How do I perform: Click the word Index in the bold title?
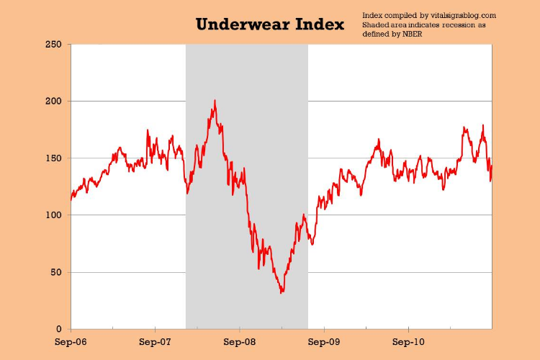[x=320, y=24]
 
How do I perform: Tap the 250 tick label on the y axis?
[x=53, y=45]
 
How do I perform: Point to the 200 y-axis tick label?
[x=53, y=102]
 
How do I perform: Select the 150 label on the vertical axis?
[x=53, y=158]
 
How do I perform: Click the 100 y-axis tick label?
[x=53, y=215]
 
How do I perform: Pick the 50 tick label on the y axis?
[x=56, y=272]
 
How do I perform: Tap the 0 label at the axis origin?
[x=59, y=329]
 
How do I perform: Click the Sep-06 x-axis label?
[x=71, y=342]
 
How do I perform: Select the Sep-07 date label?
[x=155, y=342]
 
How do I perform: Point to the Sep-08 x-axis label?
[x=239, y=342]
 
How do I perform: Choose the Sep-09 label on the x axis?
[x=324, y=342]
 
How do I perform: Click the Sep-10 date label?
[x=408, y=342]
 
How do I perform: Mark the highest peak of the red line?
[x=215, y=100]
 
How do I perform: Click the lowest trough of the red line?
[x=282, y=293]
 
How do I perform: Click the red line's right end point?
[x=492, y=166]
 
